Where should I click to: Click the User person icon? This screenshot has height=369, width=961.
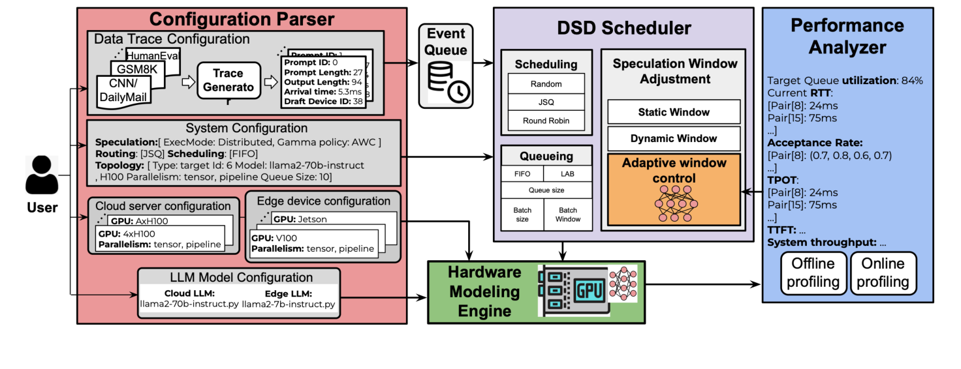pyautogui.click(x=42, y=175)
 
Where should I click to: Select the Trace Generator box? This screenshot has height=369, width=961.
pyautogui.click(x=228, y=80)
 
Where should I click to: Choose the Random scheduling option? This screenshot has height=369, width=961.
pyautogui.click(x=546, y=84)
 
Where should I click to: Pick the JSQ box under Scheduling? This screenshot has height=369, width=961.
pyautogui.click(x=546, y=102)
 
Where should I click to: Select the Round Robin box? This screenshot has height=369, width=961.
pyautogui.click(x=546, y=121)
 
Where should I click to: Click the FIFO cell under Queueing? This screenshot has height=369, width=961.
pyautogui.click(x=523, y=174)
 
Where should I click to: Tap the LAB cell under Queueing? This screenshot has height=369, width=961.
pyautogui.click(x=569, y=174)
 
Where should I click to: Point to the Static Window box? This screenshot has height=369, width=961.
pyautogui.click(x=674, y=112)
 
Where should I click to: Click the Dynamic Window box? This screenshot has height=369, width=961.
pyautogui.click(x=674, y=138)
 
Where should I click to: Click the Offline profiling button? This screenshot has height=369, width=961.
pyautogui.click(x=813, y=273)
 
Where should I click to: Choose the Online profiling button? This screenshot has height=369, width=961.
pyautogui.click(x=883, y=273)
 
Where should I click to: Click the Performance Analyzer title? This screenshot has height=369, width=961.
pyautogui.click(x=847, y=37)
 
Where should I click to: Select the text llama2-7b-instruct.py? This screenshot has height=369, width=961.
pyautogui.click(x=289, y=304)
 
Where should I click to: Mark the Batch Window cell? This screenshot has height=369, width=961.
pyautogui.click(x=569, y=214)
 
